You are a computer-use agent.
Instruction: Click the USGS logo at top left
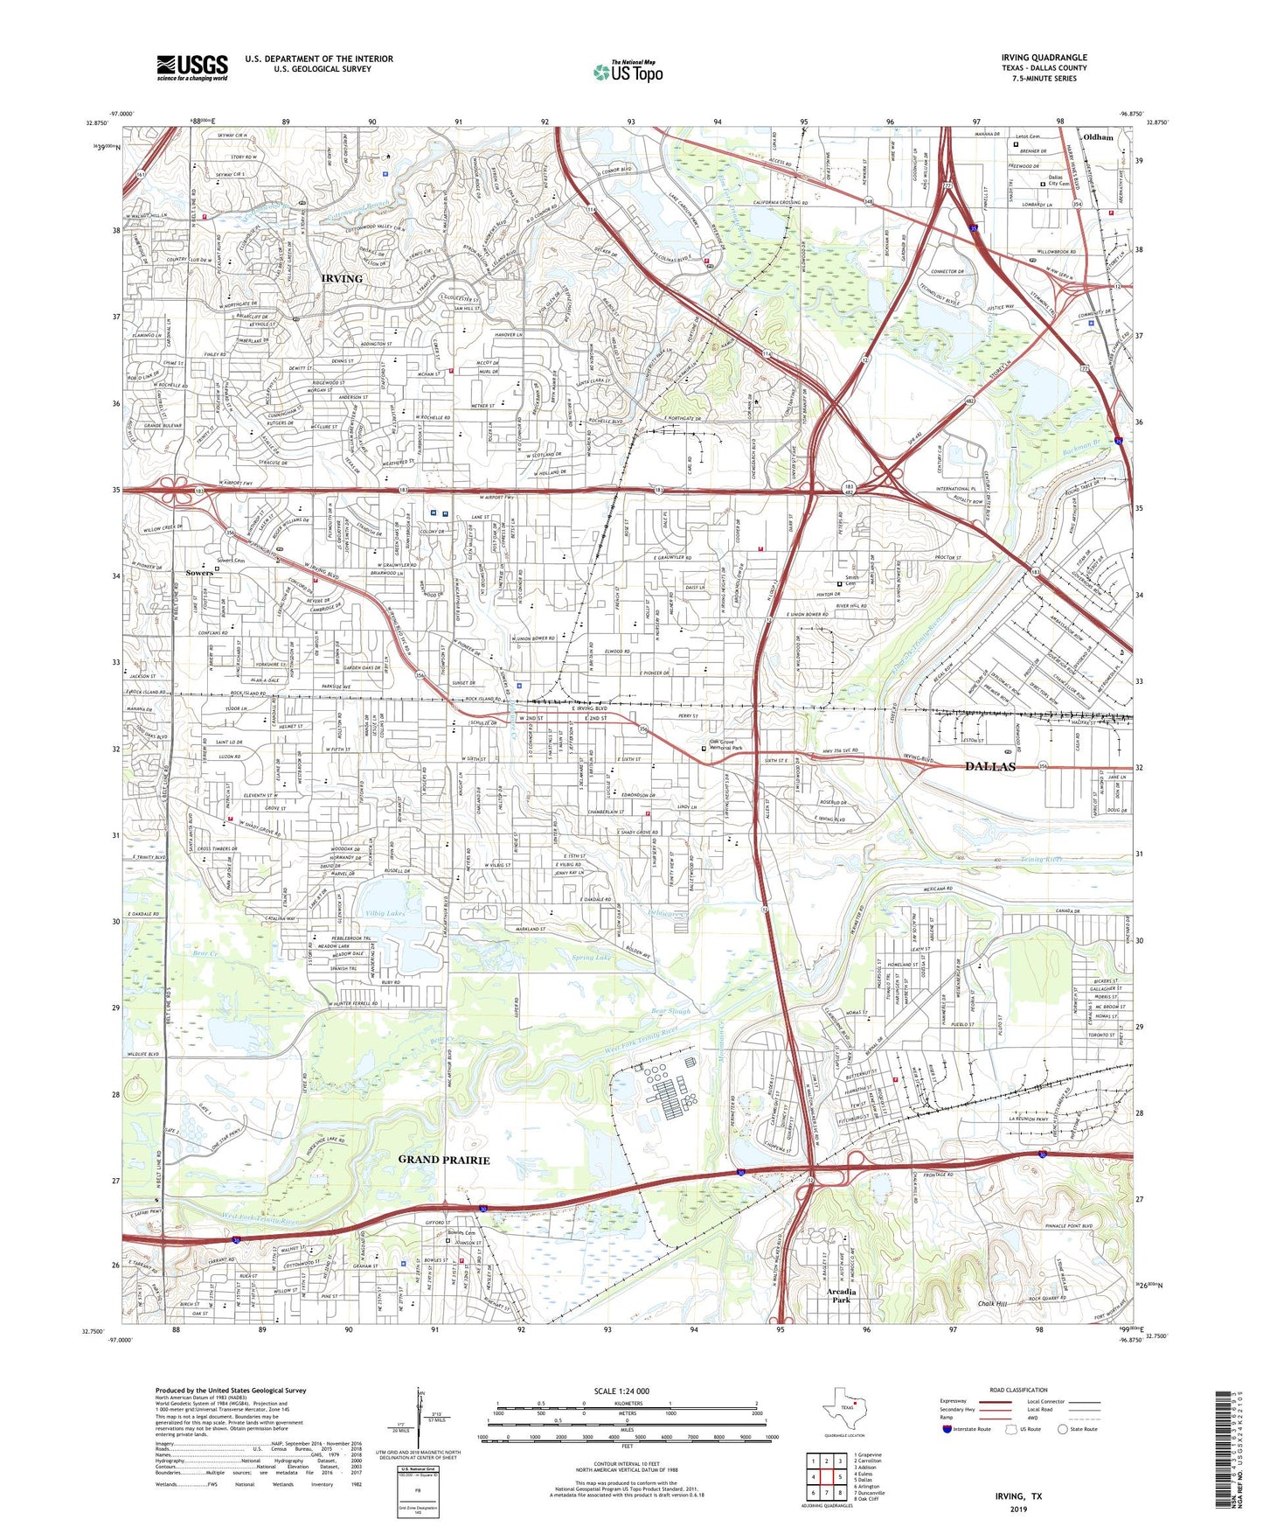pyautogui.click(x=192, y=67)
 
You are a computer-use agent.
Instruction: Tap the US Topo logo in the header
pyautogui.click(x=628, y=72)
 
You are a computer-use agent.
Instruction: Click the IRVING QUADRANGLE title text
pyautogui.click(x=1044, y=58)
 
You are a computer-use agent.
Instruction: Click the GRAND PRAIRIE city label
pyautogui.click(x=444, y=1160)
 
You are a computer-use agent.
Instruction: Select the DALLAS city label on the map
pyautogui.click(x=990, y=766)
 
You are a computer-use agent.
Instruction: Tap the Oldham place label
pyautogui.click(x=1098, y=137)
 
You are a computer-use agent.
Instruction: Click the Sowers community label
pyautogui.click(x=199, y=574)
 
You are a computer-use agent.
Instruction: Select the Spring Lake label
pyautogui.click(x=591, y=958)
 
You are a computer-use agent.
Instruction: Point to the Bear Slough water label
pyautogui.click(x=671, y=1012)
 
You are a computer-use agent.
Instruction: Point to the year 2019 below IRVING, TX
pyautogui.click(x=1018, y=1510)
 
